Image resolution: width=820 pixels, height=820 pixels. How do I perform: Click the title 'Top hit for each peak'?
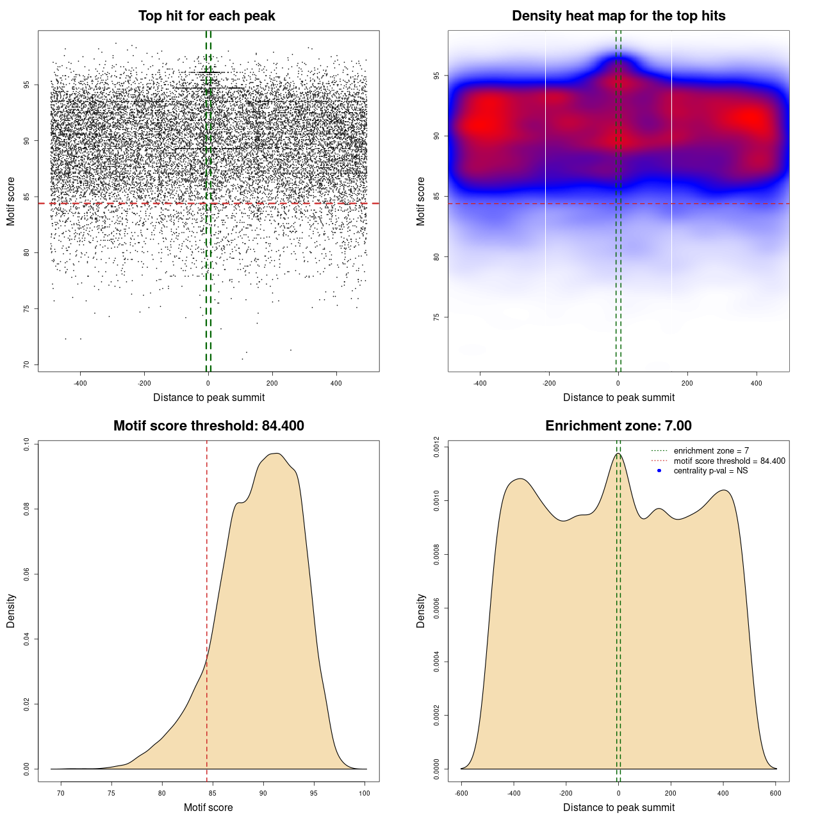pyautogui.click(x=206, y=16)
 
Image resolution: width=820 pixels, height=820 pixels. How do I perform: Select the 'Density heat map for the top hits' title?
pyautogui.click(x=618, y=16)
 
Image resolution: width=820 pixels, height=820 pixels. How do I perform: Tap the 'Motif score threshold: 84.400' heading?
pyautogui.click(x=208, y=426)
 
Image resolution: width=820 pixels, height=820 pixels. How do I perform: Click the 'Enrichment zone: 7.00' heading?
pyautogui.click(x=618, y=426)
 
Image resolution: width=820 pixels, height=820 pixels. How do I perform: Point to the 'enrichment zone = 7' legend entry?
pyautogui.click(x=711, y=451)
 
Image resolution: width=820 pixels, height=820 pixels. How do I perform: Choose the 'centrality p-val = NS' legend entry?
pyautogui.click(x=710, y=471)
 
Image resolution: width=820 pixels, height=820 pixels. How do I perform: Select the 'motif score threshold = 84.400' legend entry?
pyautogui.click(x=729, y=461)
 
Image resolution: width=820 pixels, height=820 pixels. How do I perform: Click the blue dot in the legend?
pyautogui.click(x=659, y=471)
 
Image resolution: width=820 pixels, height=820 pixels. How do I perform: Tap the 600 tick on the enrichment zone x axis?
pyautogui.click(x=776, y=793)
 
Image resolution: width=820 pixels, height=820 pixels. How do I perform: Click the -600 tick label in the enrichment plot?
pyautogui.click(x=461, y=793)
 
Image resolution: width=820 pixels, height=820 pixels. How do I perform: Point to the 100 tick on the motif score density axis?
pyautogui.click(x=365, y=793)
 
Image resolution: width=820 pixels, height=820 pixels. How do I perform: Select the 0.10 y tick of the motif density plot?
pyautogui.click(x=26, y=445)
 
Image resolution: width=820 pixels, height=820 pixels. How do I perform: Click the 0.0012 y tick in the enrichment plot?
pyautogui.click(x=436, y=447)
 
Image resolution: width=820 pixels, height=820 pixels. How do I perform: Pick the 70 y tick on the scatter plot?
pyautogui.click(x=26, y=365)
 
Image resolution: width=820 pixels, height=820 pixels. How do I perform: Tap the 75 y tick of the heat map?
pyautogui.click(x=436, y=317)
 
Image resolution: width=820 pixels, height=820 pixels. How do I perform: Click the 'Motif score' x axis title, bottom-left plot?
pyautogui.click(x=208, y=808)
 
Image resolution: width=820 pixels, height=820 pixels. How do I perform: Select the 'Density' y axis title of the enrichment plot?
pyautogui.click(x=421, y=611)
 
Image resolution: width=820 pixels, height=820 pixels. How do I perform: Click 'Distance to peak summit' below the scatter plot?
pyautogui.click(x=209, y=398)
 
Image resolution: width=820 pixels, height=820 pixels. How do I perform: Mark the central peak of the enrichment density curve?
pyautogui.click(x=618, y=454)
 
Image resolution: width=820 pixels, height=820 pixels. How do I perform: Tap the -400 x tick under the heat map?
pyautogui.click(x=480, y=383)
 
